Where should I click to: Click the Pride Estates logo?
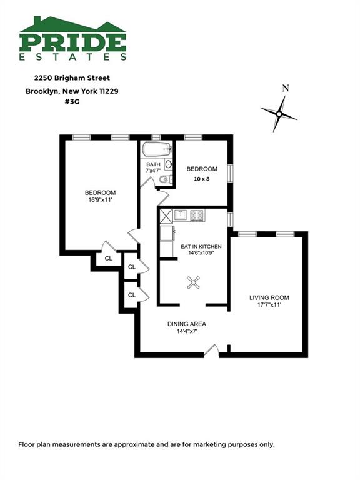[73, 38]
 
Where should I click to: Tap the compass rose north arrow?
[279, 114]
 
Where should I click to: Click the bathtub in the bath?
[156, 149]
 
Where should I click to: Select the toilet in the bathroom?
[166, 179]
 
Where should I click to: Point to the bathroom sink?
[169, 164]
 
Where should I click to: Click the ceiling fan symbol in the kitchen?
[194, 282]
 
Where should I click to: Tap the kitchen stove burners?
[197, 216]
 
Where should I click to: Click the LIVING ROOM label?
[269, 297]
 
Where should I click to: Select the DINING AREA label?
[187, 324]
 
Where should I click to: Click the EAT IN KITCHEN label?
[201, 246]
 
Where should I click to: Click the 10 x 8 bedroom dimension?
[202, 179]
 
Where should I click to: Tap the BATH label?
[153, 164]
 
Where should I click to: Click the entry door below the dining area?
[212, 351]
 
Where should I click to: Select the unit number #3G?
[72, 102]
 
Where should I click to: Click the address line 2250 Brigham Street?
[72, 78]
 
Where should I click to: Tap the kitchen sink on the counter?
[182, 215]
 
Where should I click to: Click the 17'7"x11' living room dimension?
[269, 305]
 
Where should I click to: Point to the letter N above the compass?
[285, 89]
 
